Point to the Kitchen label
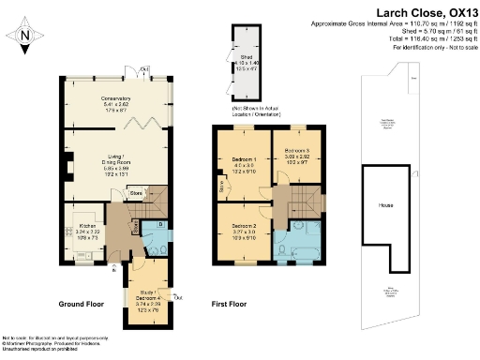pos(87,226)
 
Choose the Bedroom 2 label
pos(243,227)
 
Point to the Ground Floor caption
pos(86,305)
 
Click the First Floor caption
pos(232,305)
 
